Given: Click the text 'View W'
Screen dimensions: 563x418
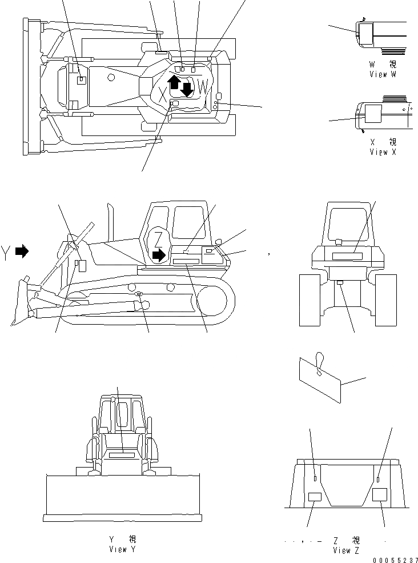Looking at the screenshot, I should point(386,74).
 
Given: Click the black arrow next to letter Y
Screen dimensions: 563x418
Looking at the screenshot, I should point(22,251).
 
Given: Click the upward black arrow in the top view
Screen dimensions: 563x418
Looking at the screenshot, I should point(175,83).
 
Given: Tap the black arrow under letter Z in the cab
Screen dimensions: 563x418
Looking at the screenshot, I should point(159,254).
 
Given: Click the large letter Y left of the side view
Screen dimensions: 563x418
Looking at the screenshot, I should point(6,251).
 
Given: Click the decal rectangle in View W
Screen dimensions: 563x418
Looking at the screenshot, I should point(365,32).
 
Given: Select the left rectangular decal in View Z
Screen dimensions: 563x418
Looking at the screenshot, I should point(315,497).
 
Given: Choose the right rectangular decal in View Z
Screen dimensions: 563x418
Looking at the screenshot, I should point(380,495).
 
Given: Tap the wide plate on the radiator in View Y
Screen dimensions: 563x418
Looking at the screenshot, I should point(122,456).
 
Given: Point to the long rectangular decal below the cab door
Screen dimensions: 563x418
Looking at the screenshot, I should point(186,261).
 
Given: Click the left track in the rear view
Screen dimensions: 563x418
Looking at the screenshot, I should point(310,300).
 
